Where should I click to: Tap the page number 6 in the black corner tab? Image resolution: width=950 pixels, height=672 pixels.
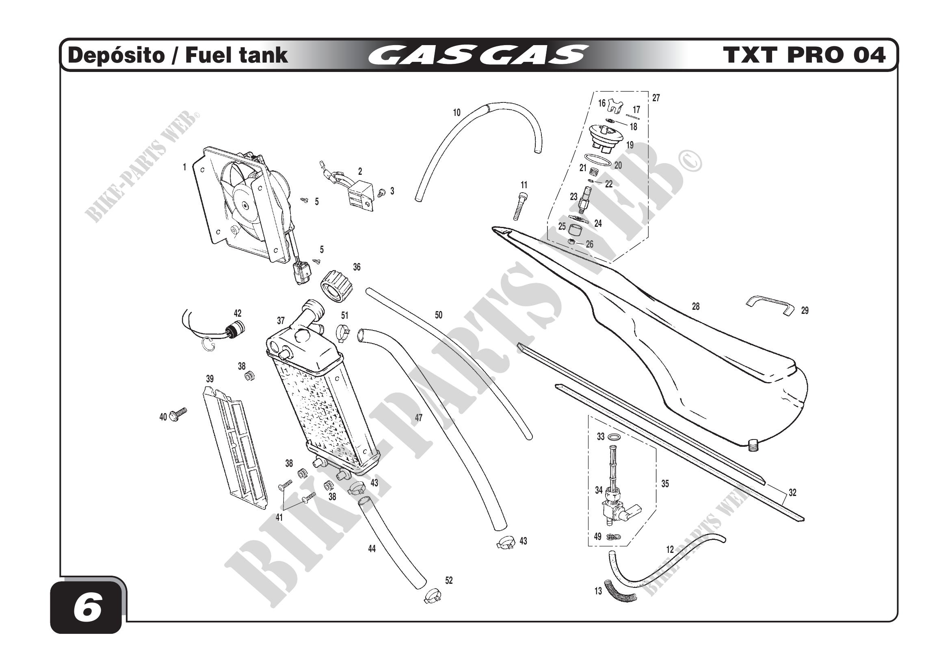tap(87, 609)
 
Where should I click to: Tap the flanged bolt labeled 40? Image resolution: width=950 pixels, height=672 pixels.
tap(179, 413)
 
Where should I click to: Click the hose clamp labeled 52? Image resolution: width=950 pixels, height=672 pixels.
tap(433, 596)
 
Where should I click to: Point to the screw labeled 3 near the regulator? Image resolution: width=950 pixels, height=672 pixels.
tap(381, 192)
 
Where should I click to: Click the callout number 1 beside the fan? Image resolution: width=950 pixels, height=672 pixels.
tap(184, 167)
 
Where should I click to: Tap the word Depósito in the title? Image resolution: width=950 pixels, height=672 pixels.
tap(116, 55)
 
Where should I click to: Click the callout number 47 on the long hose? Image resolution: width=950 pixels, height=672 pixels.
tap(419, 418)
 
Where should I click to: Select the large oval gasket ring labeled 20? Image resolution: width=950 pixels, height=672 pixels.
tap(598, 160)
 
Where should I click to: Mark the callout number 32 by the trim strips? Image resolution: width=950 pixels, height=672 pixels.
tap(792, 493)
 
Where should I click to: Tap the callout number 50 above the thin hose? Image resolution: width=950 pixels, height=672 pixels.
tap(439, 315)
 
